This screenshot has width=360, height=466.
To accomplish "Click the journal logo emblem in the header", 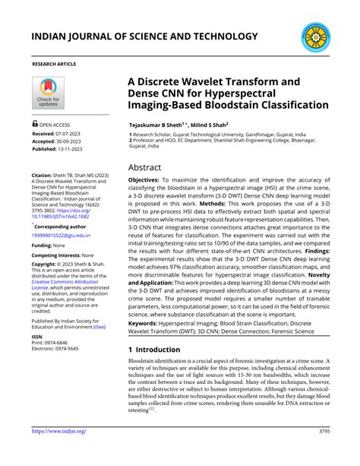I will (317, 36).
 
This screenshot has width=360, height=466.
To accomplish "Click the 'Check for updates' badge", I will (49, 94).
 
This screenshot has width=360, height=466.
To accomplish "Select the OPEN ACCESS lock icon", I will (35, 122).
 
